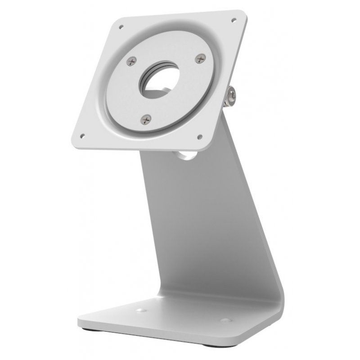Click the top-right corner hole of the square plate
coord(234,19)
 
